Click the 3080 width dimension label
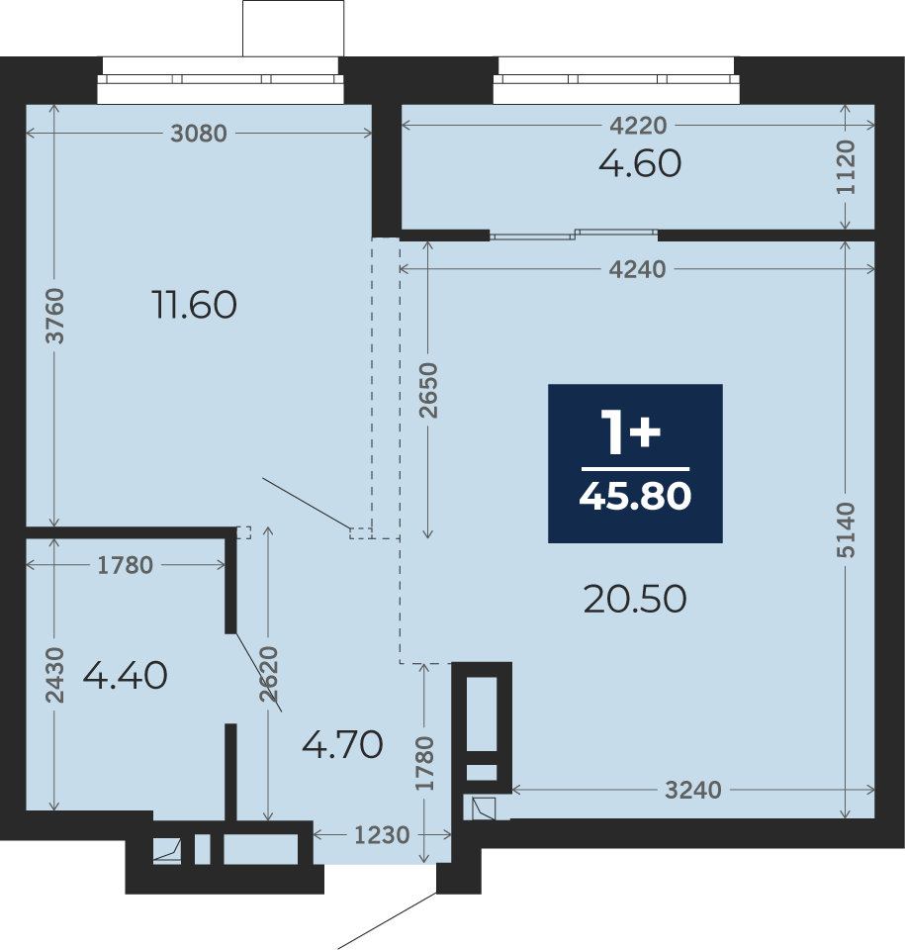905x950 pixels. (x=199, y=134)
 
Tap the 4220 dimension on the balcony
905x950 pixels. (x=638, y=126)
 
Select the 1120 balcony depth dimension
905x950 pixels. (x=846, y=167)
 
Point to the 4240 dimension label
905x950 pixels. (x=637, y=269)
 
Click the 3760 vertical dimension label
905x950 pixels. (x=54, y=316)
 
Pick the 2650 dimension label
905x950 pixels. (x=427, y=390)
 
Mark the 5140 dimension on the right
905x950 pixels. (x=846, y=529)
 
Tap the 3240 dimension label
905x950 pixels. (x=693, y=790)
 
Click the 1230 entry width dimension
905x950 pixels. (x=382, y=835)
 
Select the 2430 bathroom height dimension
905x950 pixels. (x=54, y=675)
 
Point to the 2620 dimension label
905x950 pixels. (x=268, y=674)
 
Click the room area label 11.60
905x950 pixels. (x=194, y=304)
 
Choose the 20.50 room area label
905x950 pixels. (x=635, y=599)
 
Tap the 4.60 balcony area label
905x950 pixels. (x=640, y=163)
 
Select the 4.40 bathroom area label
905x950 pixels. (x=125, y=675)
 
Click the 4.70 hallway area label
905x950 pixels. (x=342, y=744)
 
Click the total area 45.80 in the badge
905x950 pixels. (x=635, y=496)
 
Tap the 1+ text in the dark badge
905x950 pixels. (x=631, y=431)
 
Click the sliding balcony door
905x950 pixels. (x=574, y=235)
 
